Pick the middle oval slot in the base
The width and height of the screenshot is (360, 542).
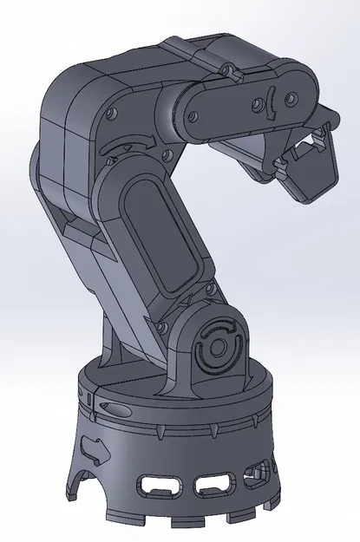pyautogui.click(x=211, y=484)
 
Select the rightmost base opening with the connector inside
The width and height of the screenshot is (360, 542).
pyautogui.click(x=257, y=474)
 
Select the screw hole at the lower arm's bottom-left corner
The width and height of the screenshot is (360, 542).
pyautogui.click(x=161, y=327)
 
